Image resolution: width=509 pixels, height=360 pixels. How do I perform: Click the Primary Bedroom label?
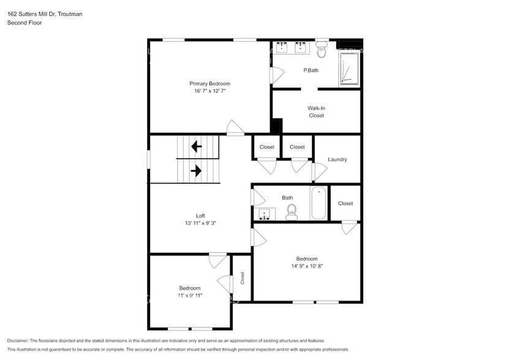pyautogui.click(x=209, y=83)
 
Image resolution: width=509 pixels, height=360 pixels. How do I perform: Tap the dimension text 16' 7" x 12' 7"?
pyautogui.click(x=209, y=91)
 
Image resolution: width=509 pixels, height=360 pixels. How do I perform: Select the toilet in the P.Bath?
pyautogui.click(x=322, y=48)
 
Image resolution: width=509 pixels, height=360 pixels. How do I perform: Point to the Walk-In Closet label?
pyautogui.click(x=316, y=111)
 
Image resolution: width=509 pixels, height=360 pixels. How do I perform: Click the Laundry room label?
pyautogui.click(x=337, y=160)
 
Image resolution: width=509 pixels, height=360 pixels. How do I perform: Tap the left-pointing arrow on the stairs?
pyautogui.click(x=197, y=147)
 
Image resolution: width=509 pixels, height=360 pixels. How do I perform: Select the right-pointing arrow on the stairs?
pyautogui.click(x=197, y=171)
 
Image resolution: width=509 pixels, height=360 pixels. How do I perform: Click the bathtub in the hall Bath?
pyautogui.click(x=319, y=204)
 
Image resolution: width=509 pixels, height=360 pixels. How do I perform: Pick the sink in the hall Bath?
pyautogui.click(x=265, y=214)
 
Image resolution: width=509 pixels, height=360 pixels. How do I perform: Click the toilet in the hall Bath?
pyautogui.click(x=292, y=212)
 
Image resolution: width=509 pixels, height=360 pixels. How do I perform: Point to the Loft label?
pyautogui.click(x=200, y=216)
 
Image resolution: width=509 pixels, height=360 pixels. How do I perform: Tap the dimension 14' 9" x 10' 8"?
pyautogui.click(x=307, y=266)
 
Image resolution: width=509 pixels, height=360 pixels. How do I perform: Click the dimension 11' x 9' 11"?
pyautogui.click(x=190, y=296)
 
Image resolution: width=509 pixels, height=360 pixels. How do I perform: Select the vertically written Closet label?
pyautogui.click(x=243, y=278)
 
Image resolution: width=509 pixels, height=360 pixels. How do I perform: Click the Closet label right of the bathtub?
pyautogui.click(x=345, y=203)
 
